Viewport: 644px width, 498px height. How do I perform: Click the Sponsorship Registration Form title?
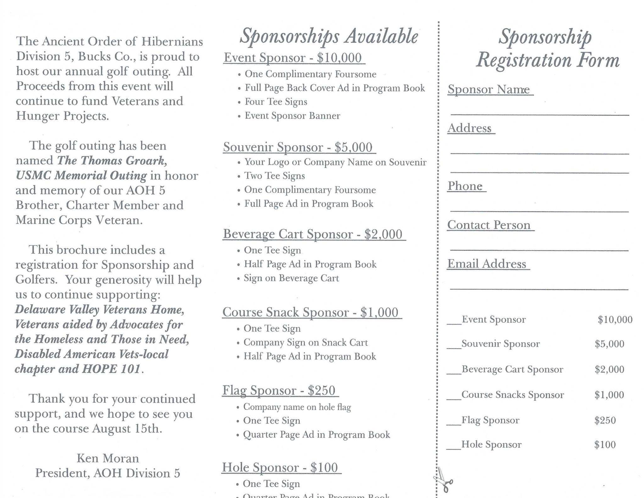[x=547, y=48]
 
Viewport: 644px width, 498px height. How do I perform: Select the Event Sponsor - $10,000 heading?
[x=293, y=58]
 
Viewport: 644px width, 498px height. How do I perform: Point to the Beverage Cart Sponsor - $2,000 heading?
[x=313, y=234]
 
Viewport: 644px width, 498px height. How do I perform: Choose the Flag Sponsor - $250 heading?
[x=279, y=390]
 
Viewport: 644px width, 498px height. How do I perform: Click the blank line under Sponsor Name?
[x=539, y=113]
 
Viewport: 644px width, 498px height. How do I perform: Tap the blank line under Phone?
[x=539, y=210]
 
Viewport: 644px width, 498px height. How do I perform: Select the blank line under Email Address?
[x=539, y=288]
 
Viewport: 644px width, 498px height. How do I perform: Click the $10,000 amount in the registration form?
[x=615, y=320]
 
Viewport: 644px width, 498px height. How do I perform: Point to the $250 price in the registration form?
[x=605, y=420]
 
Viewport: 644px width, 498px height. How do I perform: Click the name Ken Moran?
[x=108, y=458]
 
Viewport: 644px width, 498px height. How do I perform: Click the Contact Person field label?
[x=489, y=225]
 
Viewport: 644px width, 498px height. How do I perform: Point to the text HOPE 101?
[x=111, y=369]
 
